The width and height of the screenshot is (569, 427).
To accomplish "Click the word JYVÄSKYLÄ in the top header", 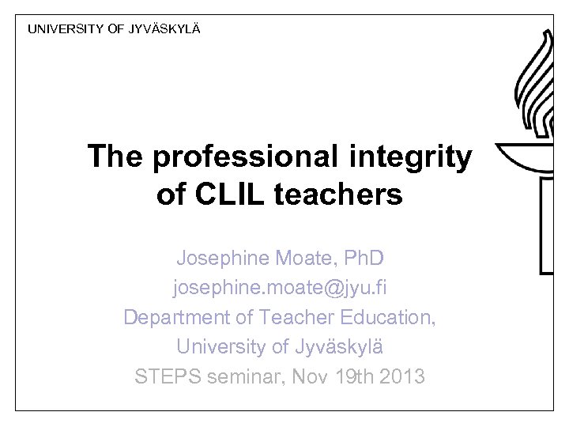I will click(x=165, y=29).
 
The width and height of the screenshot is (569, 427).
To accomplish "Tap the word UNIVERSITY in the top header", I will click(x=66, y=29).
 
